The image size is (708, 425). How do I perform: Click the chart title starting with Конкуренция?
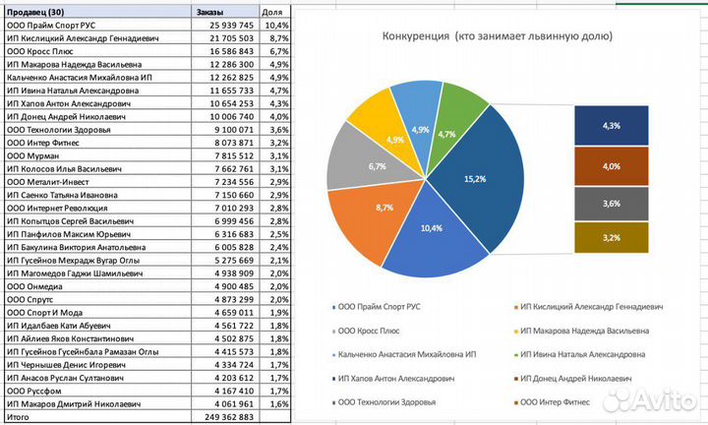click(497, 36)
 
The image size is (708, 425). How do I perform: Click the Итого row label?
click(19, 418)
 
